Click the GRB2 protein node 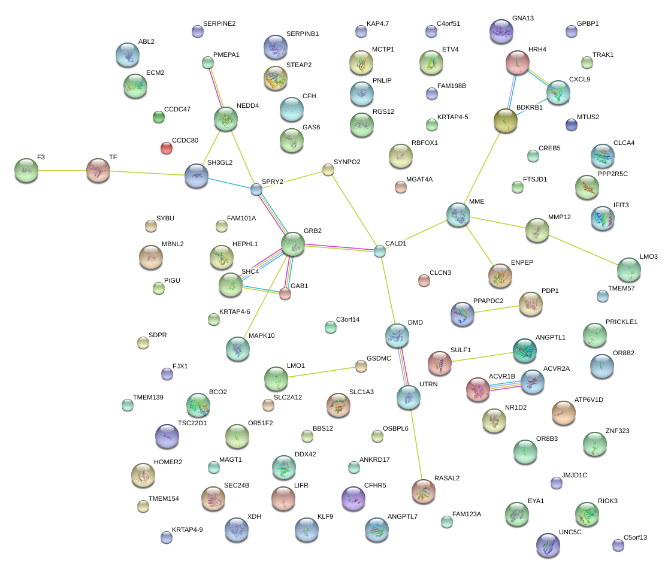tap(293, 243)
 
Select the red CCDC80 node tap(167, 147)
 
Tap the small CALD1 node tap(379, 250)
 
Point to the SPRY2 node tap(256, 189)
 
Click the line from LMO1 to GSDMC tap(324, 371)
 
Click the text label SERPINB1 tap(303, 34)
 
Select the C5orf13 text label tap(635, 537)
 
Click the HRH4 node tap(517, 62)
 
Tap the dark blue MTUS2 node tap(572, 125)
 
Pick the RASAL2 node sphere tap(424, 491)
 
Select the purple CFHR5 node tap(353, 497)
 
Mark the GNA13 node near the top tap(501, 31)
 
